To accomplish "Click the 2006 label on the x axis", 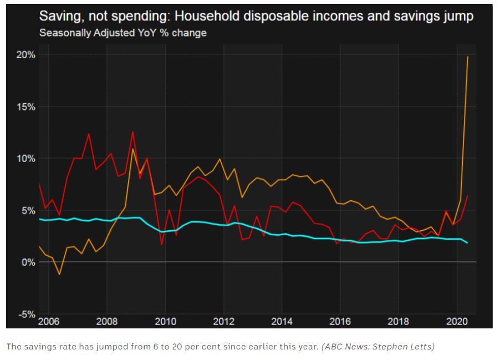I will (x=48, y=322).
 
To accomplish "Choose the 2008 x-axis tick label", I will (x=106, y=322).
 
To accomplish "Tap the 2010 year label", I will (x=165, y=322).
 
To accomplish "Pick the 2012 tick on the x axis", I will (x=223, y=322).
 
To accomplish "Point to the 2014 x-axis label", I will (x=282, y=322).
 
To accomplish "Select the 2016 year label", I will (x=340, y=322).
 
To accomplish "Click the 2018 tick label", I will (x=398, y=322).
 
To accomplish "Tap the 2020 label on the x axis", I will (x=456, y=322).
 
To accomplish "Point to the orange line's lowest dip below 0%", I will (x=59, y=274).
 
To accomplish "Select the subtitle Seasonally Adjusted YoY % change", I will (x=123, y=33).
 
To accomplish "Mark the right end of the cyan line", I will (x=468, y=243).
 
